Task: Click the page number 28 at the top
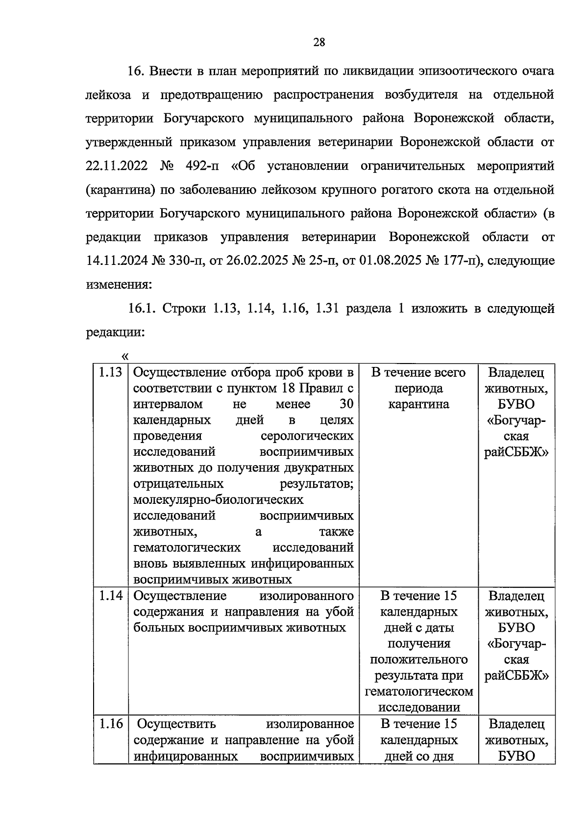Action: (x=319, y=42)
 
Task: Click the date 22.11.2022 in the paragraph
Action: (x=117, y=166)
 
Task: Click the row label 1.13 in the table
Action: (x=111, y=372)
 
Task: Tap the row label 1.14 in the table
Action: (x=111, y=596)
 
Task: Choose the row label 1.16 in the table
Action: (x=111, y=724)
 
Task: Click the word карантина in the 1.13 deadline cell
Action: (x=418, y=404)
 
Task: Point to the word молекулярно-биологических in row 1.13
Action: (x=219, y=500)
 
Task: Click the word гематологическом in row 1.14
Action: (x=419, y=692)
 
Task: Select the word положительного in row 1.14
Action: (x=419, y=660)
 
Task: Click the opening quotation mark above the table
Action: (x=124, y=356)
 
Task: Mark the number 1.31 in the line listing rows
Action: (x=328, y=309)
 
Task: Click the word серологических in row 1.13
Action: (x=307, y=436)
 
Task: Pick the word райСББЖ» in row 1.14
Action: (x=516, y=676)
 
